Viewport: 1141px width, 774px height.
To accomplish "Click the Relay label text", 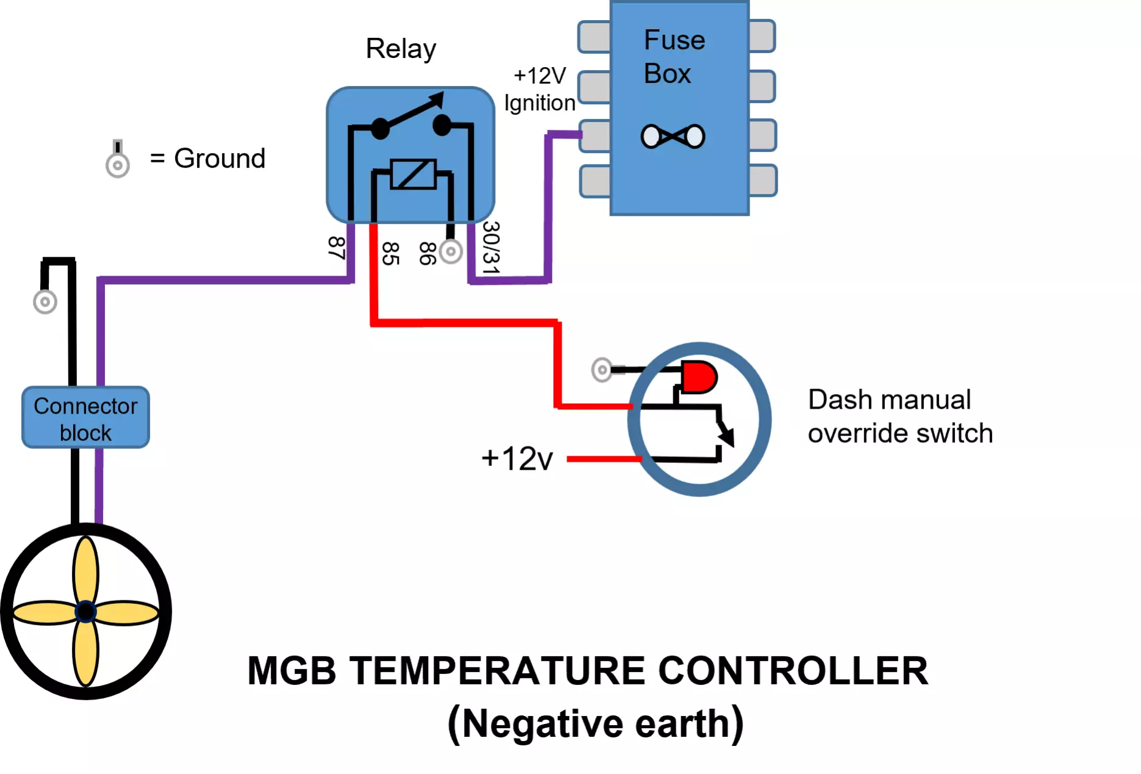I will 401,49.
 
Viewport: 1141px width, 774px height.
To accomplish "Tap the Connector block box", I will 85,418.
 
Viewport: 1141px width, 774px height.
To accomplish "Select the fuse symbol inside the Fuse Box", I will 673,136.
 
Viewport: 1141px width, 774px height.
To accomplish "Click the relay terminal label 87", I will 336,248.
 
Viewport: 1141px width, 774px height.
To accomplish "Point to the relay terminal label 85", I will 390,253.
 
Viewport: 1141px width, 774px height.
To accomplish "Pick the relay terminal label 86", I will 427,253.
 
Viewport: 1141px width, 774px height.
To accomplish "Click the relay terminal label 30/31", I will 491,247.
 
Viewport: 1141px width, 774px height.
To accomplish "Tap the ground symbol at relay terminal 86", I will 451,251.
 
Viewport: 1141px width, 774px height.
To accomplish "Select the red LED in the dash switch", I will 699,377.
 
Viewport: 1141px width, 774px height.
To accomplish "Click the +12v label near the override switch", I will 517,459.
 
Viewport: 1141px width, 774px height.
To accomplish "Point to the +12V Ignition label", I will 540,89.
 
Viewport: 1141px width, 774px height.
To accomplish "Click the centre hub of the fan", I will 85,611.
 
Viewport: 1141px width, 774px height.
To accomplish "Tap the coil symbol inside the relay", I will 413,174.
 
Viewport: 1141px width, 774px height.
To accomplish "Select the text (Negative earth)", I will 595,724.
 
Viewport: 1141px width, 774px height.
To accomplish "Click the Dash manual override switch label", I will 900,417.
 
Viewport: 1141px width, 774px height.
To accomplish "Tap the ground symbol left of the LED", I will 602,370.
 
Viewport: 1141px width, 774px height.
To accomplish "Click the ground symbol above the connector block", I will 45,301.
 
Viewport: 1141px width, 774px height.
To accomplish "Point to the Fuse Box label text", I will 674,57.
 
